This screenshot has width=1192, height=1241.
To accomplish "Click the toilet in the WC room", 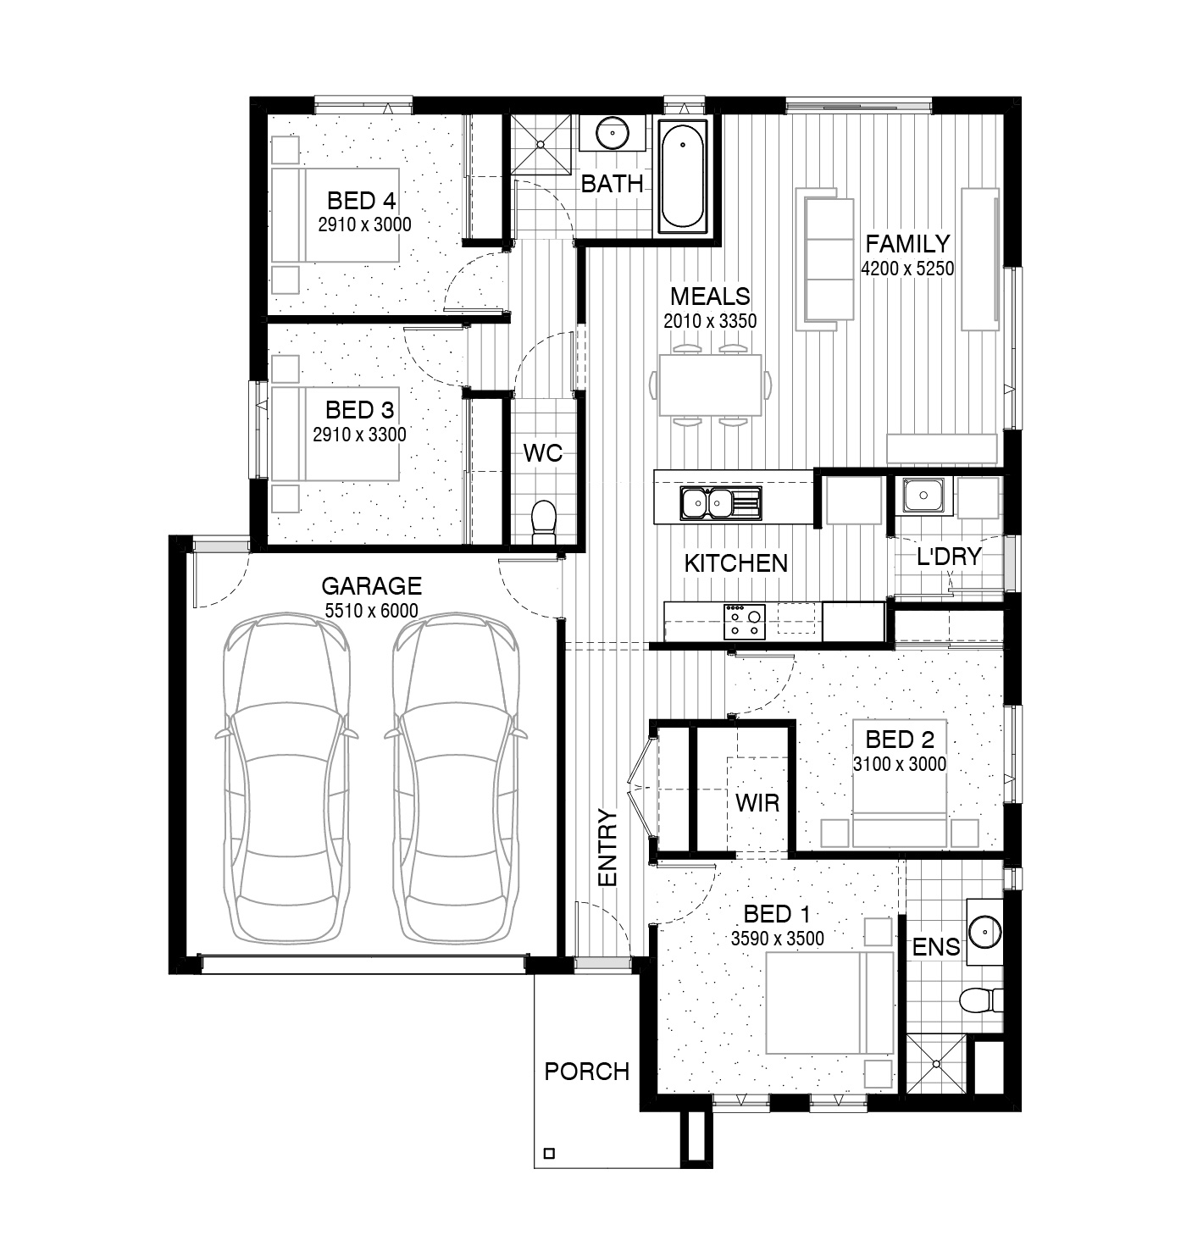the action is tap(543, 523).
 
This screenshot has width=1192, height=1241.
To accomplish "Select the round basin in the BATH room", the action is tap(613, 133).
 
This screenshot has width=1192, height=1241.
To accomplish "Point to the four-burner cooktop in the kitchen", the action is tap(745, 622).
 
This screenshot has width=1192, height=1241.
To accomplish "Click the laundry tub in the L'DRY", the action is tap(923, 496).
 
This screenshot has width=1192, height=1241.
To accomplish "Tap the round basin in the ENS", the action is tap(985, 934).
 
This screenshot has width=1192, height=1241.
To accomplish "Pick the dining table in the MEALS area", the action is tap(711, 385).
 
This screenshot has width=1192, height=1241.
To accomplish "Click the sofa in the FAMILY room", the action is tap(824, 259).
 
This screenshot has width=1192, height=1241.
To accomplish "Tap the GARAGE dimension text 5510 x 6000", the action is tap(372, 610).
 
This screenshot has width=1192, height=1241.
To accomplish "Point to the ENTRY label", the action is tap(607, 848).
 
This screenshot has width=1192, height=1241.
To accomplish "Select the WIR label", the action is tap(757, 802).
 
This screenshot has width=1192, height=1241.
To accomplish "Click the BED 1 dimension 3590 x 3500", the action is tap(778, 938).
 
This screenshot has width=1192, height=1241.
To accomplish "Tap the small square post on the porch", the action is tap(549, 1153).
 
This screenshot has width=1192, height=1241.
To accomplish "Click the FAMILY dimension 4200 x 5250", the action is tap(907, 269).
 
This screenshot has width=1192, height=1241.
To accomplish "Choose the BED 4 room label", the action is tap(362, 201).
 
